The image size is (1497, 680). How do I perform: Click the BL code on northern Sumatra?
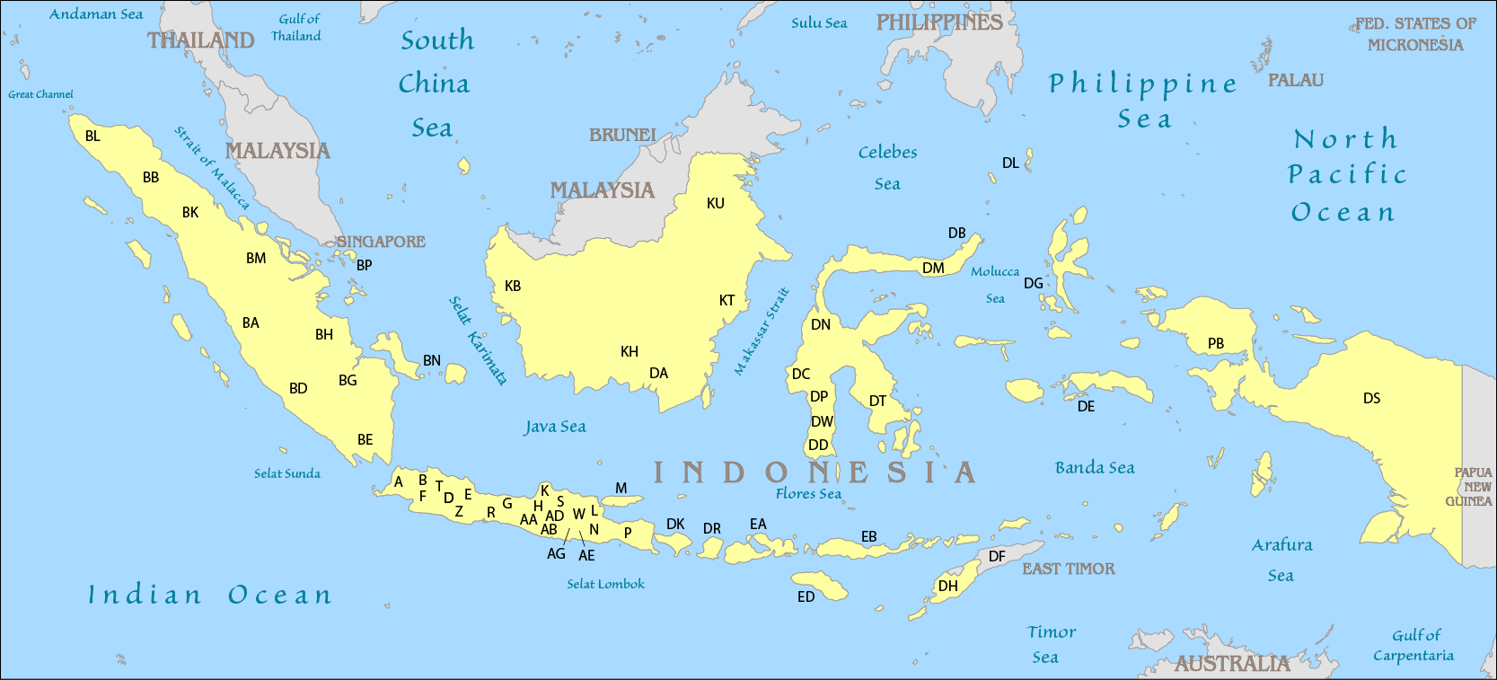92,137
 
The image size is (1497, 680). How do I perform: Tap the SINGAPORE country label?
381,242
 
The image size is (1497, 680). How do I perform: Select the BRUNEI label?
622,135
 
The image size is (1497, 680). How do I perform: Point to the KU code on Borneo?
715,203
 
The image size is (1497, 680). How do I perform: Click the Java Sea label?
555,427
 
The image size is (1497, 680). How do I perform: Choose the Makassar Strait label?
762,331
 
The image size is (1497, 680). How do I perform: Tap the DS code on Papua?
1371,398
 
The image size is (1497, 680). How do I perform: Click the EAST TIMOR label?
1068,569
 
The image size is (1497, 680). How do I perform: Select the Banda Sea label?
1094,467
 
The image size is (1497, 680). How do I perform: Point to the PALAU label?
1295,80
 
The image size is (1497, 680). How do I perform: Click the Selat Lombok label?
605,584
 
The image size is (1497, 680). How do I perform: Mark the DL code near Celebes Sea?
1010,163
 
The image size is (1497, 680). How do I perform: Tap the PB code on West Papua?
1215,343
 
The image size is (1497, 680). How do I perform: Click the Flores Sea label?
808,493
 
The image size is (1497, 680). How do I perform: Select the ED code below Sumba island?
806,596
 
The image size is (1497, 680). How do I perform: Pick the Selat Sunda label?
286,473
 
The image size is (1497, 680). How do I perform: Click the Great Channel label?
40,94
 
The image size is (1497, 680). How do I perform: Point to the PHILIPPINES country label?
938,22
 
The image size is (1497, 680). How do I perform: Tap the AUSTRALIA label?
1231,664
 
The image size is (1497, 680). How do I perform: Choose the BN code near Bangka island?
432,360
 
